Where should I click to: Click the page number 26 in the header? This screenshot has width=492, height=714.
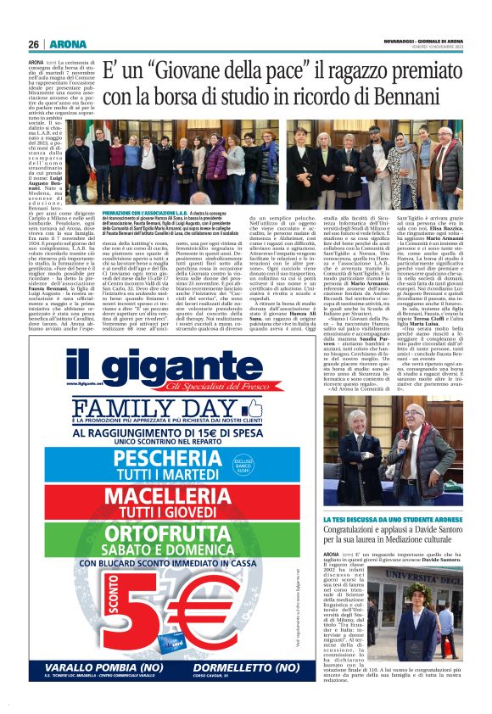[34, 44]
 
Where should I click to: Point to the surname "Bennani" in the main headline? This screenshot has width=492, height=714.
[418, 96]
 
